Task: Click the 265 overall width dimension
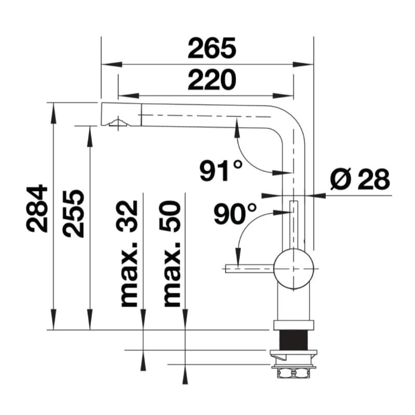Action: point(212,48)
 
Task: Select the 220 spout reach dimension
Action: point(212,80)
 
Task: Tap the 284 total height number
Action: point(37,209)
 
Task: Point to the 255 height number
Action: point(73,213)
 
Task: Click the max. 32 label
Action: point(127,254)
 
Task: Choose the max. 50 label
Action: point(171,254)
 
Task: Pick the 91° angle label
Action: point(221,171)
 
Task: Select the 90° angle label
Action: point(236,213)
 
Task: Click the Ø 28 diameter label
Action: point(360,179)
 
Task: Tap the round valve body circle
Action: point(294,269)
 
